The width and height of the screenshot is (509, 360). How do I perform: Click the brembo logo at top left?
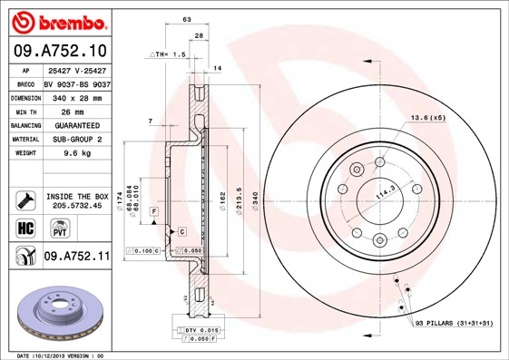click(x=56, y=20)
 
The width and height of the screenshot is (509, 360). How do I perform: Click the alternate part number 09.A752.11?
click(x=76, y=257)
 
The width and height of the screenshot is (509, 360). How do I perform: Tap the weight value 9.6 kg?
click(x=76, y=154)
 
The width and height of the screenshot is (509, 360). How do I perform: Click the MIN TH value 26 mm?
click(x=76, y=111)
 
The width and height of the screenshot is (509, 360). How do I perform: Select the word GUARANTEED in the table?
click(x=76, y=125)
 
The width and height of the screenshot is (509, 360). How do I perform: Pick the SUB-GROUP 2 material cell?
click(x=76, y=140)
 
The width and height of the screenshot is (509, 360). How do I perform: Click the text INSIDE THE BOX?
click(x=77, y=196)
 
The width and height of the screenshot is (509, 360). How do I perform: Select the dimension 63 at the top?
click(x=186, y=19)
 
